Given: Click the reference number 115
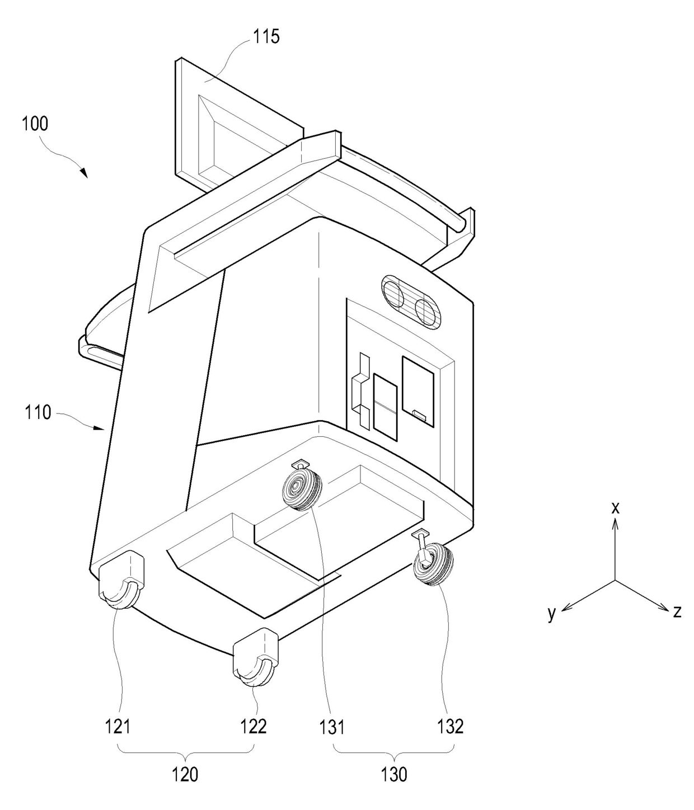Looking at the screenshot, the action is (266, 37).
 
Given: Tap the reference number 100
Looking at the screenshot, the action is (35, 123).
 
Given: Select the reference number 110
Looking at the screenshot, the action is (38, 413).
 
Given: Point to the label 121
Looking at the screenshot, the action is (118, 726).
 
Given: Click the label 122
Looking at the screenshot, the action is (254, 726).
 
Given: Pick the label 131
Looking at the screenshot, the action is (332, 727).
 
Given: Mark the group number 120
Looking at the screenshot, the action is (185, 774).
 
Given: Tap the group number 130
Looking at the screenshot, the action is (394, 774).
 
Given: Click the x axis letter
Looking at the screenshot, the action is (615, 508).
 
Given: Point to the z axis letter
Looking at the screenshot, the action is (677, 611).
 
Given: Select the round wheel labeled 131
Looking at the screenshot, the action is (302, 489).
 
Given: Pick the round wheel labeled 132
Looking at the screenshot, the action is (432, 566).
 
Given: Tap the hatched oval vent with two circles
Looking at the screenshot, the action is (411, 301).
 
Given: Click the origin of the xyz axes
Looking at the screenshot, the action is (615, 580).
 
